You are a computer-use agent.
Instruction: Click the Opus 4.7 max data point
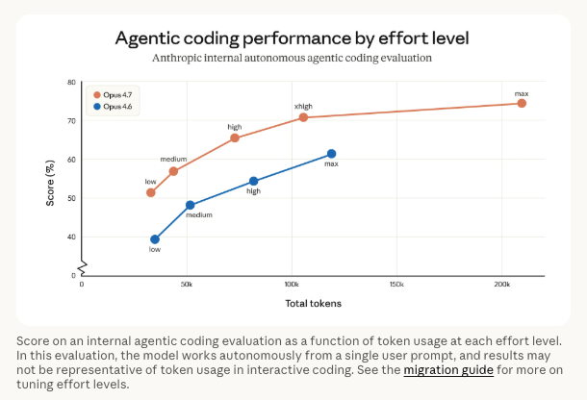coord(522,103)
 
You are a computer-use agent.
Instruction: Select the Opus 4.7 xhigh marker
coord(303,117)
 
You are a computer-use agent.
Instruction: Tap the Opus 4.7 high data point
coord(235,137)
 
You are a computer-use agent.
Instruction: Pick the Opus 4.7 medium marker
coord(173,171)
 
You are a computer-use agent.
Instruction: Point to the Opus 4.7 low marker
coord(150,192)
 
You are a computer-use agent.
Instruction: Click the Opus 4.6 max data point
coord(331,154)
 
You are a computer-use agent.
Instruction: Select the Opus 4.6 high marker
coord(254,181)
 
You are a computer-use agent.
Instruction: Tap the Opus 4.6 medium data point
coord(190,205)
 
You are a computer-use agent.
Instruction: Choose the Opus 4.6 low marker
coord(154,239)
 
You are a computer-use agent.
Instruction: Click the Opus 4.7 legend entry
coord(112,94)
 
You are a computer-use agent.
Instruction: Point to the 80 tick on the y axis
coord(71,83)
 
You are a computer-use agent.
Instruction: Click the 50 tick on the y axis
coord(71,198)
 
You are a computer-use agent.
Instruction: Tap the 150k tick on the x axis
coord(396,286)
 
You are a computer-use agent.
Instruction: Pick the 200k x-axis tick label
coord(501,286)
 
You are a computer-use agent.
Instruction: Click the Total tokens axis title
coord(313,304)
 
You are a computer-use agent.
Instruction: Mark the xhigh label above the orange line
coord(304,106)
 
